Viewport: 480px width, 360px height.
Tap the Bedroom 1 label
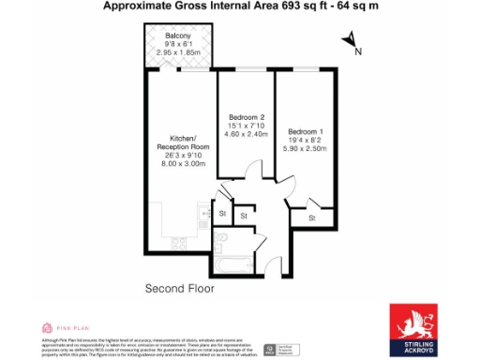pyautogui.click(x=308, y=130)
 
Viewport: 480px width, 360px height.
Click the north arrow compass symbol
pyautogui.click(x=349, y=40)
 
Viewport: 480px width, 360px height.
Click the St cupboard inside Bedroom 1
pyautogui.click(x=310, y=217)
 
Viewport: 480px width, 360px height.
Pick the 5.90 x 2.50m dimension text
pyautogui.click(x=308, y=148)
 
